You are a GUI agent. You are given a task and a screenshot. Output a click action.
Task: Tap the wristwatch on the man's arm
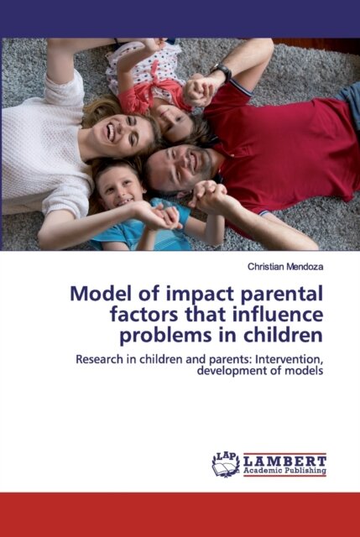222,72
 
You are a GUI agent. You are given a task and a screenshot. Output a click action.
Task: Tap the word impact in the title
190,295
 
